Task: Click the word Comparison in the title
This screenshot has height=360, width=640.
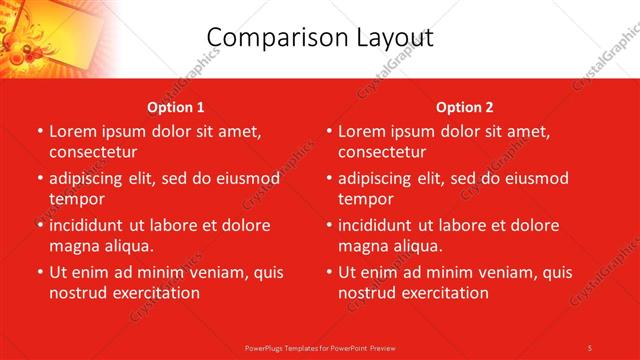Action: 268,37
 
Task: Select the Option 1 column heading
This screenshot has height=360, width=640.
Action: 176,107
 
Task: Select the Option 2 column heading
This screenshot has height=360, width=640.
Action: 465,107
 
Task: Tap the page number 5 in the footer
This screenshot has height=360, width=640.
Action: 590,347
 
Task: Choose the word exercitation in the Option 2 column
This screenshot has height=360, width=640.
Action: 441,293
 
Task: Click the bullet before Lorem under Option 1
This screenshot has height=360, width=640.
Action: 40,131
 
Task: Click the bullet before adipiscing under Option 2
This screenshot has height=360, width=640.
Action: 329,179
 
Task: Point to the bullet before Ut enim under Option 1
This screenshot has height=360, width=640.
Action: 40,272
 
